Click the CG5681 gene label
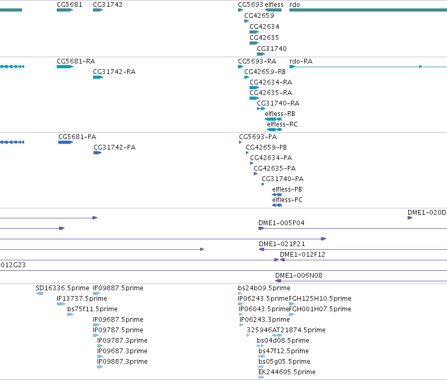[x=69, y=5]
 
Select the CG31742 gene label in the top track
[x=108, y=5]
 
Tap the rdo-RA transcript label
[x=301, y=61]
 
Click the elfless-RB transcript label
[x=279, y=114]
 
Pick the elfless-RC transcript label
[x=282, y=124]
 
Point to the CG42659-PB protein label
[x=266, y=147]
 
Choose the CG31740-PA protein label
[x=283, y=178]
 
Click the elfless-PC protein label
[x=287, y=199]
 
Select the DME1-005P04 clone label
[x=282, y=223]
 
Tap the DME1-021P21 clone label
[x=282, y=244]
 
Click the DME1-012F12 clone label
[x=303, y=255]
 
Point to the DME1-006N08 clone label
[x=299, y=276]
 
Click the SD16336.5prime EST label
[x=63, y=288]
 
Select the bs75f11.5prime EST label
[x=92, y=309]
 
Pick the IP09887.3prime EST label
[x=122, y=362]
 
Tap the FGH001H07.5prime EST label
[x=320, y=309]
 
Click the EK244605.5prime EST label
[x=287, y=372]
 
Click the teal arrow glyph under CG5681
[x=65, y=10]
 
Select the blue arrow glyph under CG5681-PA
[x=66, y=142]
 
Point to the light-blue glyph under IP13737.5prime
[x=61, y=304]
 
